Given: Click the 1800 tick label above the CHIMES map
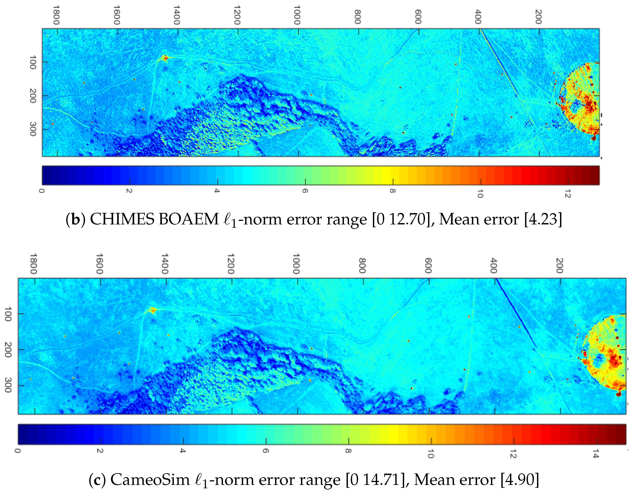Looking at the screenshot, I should coord(56,15).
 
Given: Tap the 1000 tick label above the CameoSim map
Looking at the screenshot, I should coord(296,263).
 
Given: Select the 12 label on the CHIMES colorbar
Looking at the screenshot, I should coord(568,194).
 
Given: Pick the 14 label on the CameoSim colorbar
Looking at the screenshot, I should coord(596,454).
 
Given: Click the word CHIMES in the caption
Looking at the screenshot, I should coord(122,219).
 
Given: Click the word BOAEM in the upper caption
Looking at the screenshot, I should coord(189,219).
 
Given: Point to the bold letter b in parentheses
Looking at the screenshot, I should coord(76,220).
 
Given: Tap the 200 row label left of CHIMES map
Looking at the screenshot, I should coord(33,96).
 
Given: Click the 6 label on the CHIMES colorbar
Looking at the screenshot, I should coord(305,191).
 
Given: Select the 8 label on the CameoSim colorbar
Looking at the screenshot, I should coord(348,451).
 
